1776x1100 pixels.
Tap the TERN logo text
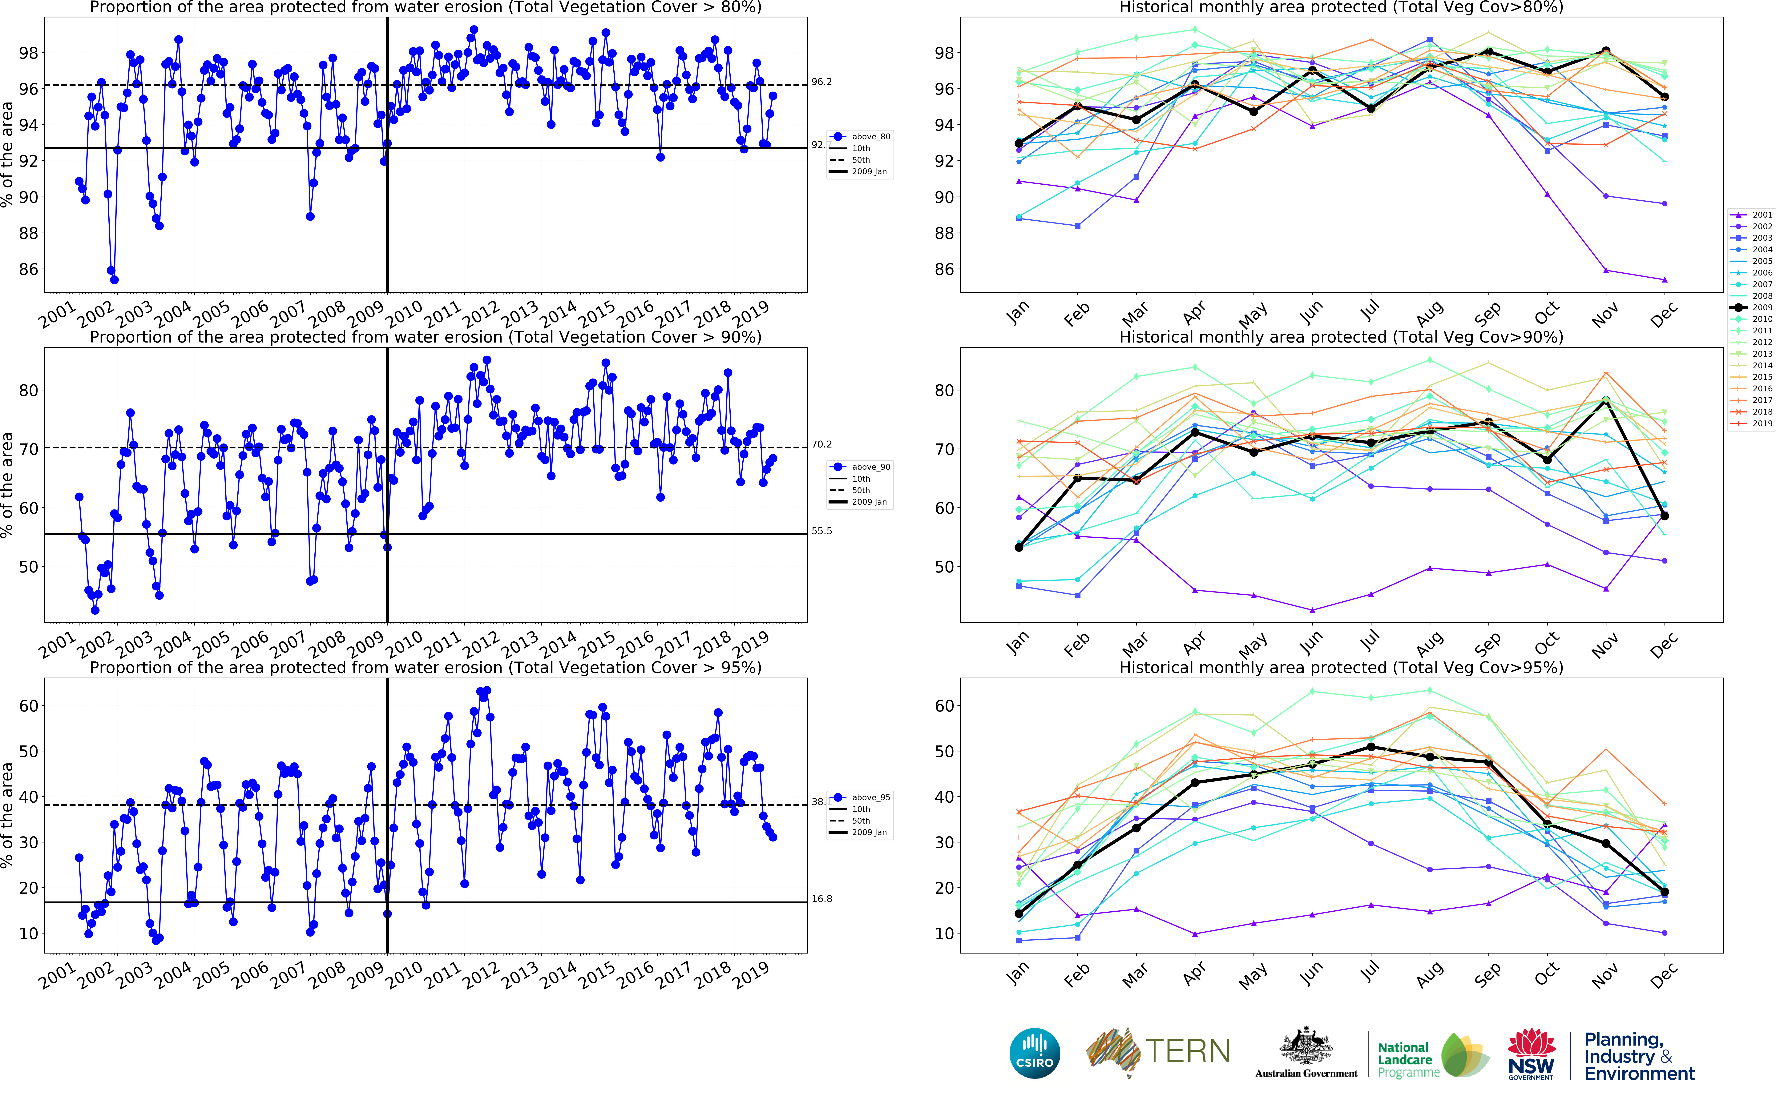coord(1187,1051)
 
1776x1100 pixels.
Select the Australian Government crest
coord(1306,1048)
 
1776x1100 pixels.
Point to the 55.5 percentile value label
coord(821,531)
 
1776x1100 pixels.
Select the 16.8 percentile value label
coord(821,899)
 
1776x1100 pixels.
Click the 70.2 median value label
coord(821,444)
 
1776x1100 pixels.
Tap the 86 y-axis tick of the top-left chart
coord(28,269)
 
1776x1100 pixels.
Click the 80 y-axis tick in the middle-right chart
coord(944,391)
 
